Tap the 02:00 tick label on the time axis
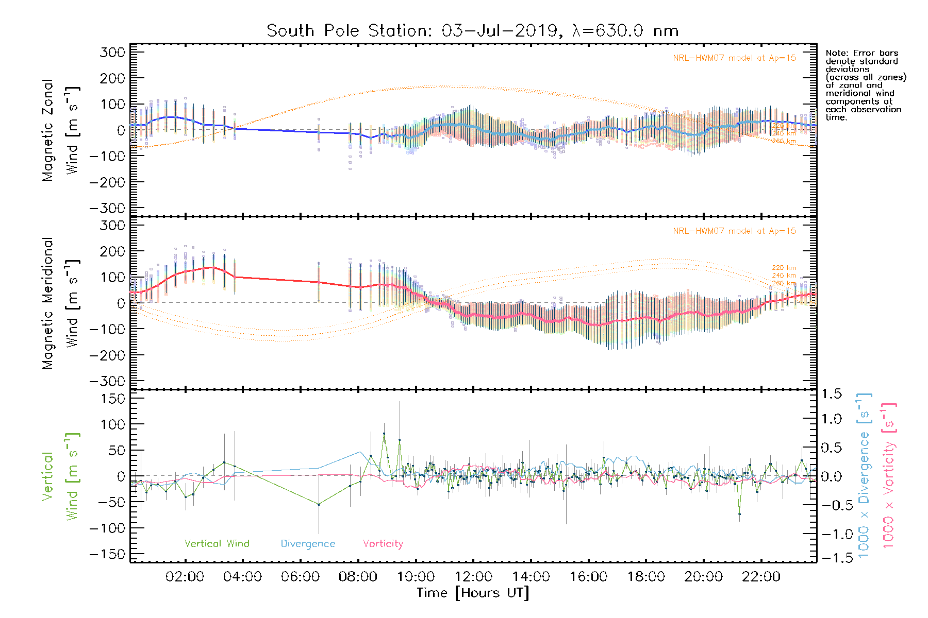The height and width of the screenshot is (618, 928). point(185,577)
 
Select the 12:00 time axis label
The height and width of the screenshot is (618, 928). point(473,577)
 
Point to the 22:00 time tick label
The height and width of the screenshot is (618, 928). point(761,577)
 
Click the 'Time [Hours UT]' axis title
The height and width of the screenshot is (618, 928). point(473,593)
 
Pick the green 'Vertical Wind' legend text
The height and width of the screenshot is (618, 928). point(217,544)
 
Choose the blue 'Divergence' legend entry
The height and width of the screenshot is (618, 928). point(308,544)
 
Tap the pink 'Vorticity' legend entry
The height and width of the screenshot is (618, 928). point(383,544)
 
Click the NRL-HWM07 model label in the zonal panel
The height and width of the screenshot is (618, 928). point(734,58)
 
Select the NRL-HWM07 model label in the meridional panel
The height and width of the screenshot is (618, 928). point(734,231)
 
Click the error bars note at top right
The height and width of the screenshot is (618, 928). point(865,85)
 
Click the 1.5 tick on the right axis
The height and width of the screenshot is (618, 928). point(831,394)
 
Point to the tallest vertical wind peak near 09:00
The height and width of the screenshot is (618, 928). point(384,434)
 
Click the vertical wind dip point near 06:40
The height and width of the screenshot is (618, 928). point(319,504)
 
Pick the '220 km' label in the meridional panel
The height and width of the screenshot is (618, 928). point(784,268)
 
